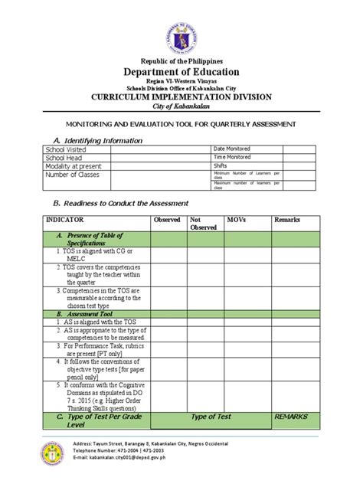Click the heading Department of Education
point(181,71)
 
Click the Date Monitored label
point(234,149)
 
